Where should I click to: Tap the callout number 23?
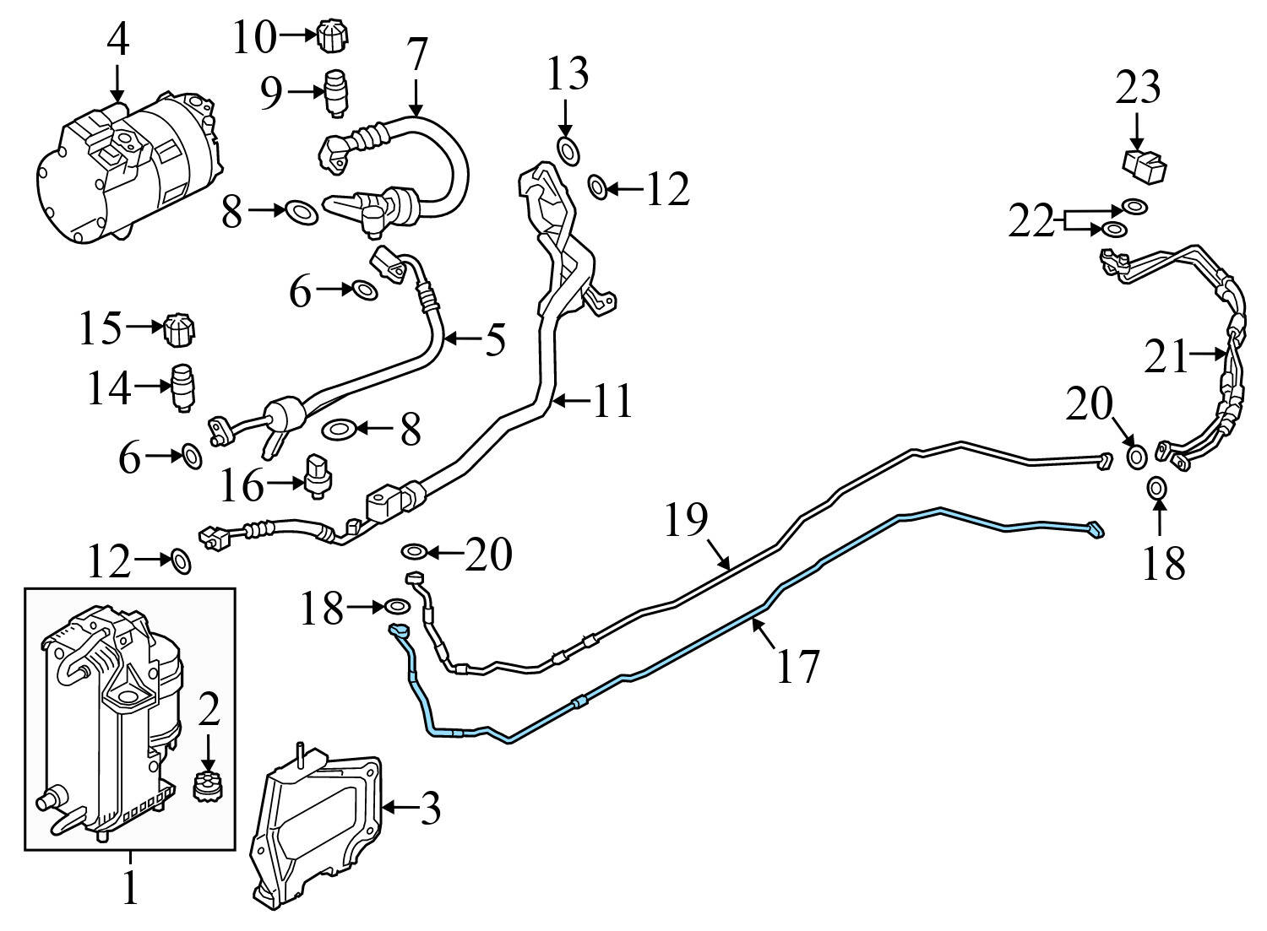[1138, 88]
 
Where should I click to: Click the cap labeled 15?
[178, 329]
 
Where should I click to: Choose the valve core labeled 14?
[183, 387]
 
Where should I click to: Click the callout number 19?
[685, 520]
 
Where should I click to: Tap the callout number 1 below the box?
[129, 888]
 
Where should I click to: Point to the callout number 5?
[494, 339]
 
